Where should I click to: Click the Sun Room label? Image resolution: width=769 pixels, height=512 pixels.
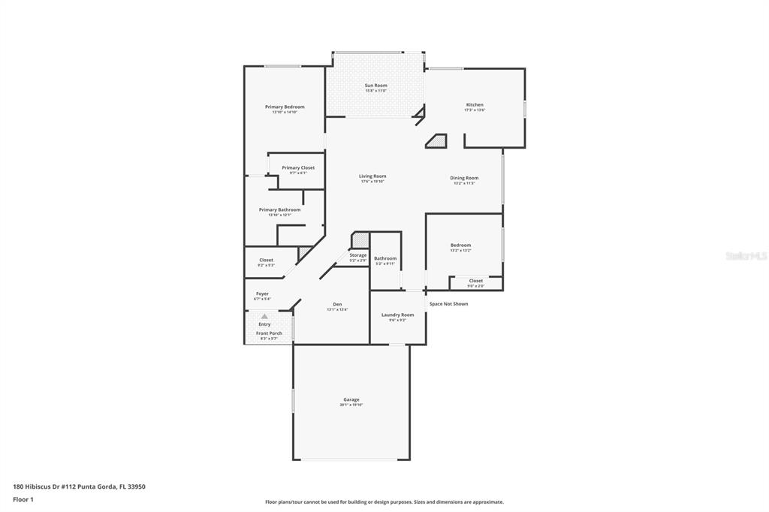pyautogui.click(x=376, y=86)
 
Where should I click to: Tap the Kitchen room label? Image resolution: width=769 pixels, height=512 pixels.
pyautogui.click(x=475, y=105)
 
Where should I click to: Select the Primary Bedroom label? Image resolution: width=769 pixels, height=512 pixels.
pyautogui.click(x=285, y=107)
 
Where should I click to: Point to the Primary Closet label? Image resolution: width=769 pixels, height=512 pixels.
pyautogui.click(x=298, y=168)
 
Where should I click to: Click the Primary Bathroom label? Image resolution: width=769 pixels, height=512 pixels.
pyautogui.click(x=279, y=210)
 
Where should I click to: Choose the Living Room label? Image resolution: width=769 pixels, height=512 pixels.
pyautogui.click(x=372, y=176)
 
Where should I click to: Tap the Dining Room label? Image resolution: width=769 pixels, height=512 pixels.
pyautogui.click(x=464, y=179)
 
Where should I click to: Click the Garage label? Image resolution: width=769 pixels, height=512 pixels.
pyautogui.click(x=351, y=400)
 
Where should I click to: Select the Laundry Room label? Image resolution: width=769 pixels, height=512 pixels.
pyautogui.click(x=397, y=315)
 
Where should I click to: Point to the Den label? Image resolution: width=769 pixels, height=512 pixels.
pyautogui.click(x=337, y=305)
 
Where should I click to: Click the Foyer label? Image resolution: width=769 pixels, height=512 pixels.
pyautogui.click(x=262, y=294)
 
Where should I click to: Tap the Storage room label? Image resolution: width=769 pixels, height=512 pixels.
pyautogui.click(x=358, y=255)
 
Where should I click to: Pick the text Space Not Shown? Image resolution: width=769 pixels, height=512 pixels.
pyautogui.click(x=448, y=304)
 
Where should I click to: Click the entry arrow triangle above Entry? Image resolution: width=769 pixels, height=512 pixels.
pyautogui.click(x=264, y=317)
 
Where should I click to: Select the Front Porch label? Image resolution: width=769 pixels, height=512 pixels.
pyautogui.click(x=269, y=333)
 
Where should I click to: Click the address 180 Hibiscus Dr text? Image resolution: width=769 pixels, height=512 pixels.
pyautogui.click(x=79, y=486)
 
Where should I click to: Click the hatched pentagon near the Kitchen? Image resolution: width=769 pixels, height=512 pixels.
pyautogui.click(x=436, y=140)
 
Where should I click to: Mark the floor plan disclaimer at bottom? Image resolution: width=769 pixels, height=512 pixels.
pyautogui.click(x=384, y=502)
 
